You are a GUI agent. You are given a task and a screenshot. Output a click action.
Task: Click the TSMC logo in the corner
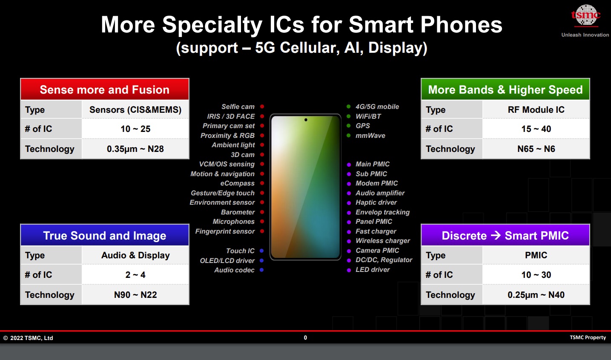(x=585, y=16)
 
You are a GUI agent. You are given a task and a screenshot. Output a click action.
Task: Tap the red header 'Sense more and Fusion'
(x=105, y=89)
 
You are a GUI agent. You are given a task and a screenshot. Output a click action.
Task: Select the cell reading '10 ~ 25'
(x=135, y=129)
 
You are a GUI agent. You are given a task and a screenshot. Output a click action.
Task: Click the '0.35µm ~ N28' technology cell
(x=135, y=149)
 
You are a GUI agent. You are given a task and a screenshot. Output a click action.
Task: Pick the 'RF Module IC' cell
(x=536, y=109)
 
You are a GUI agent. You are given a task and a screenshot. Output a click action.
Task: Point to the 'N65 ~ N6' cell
(x=536, y=149)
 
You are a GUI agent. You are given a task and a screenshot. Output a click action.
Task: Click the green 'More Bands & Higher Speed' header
(x=505, y=89)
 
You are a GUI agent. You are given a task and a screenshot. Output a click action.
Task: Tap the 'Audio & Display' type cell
(x=135, y=255)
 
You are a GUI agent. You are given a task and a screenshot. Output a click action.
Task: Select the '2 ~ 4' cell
(x=135, y=275)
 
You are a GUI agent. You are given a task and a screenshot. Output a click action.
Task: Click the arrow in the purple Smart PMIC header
(x=496, y=235)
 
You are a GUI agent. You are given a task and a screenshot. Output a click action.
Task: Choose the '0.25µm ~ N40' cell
(x=536, y=294)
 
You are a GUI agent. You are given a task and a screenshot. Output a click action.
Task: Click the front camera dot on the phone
(x=306, y=120)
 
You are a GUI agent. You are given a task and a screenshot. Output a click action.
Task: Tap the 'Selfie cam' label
(x=238, y=106)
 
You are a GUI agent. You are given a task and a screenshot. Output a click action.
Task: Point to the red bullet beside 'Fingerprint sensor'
(x=262, y=231)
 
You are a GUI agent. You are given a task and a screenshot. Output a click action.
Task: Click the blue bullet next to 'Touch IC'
(x=261, y=251)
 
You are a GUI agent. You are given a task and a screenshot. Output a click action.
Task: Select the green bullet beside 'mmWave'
(x=349, y=135)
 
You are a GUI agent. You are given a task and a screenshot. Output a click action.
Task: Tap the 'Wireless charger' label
(x=383, y=240)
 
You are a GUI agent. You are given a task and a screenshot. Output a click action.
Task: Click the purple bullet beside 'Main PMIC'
(x=349, y=164)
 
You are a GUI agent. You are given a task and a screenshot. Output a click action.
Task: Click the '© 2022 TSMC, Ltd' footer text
(x=28, y=338)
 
